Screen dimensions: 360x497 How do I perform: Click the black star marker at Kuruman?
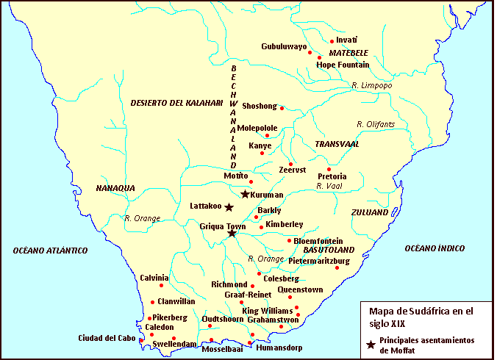click(245, 194)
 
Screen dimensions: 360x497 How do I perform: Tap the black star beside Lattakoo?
click(229, 207)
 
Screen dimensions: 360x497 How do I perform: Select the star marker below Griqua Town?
click(232, 234)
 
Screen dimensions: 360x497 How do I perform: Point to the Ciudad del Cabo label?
click(107, 339)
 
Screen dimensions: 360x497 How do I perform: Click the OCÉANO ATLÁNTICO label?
click(50, 251)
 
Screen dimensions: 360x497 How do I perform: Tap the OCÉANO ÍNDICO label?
click(435, 249)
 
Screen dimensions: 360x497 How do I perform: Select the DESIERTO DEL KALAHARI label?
click(176, 103)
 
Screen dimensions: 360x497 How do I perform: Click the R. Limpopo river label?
click(372, 86)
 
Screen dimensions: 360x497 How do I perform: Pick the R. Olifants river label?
click(375, 124)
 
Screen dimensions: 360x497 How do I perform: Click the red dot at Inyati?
click(332, 41)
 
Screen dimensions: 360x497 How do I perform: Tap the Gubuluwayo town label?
click(284, 46)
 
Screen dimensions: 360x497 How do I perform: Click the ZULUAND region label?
click(370, 212)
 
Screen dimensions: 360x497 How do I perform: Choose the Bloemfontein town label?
click(318, 240)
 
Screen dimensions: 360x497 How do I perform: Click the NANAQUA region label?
click(115, 188)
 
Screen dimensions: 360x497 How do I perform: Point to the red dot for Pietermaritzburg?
click(337, 267)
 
